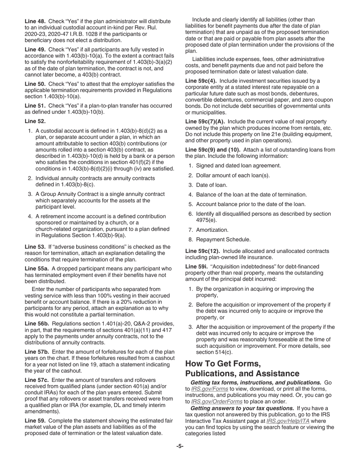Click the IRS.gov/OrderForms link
coord(216,402)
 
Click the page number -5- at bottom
coord(180,446)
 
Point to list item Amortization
coord(212,230)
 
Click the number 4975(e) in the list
coord(207,220)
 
